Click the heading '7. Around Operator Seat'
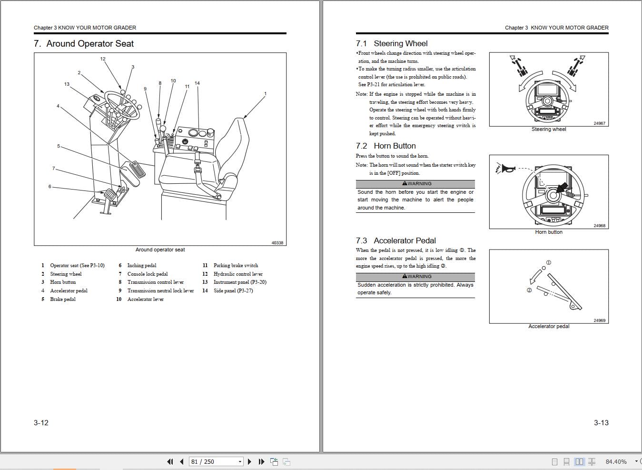(x=84, y=44)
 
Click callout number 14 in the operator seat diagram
(x=197, y=83)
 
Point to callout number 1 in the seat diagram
(x=265, y=94)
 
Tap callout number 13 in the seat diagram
(x=67, y=84)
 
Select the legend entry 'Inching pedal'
(x=141, y=266)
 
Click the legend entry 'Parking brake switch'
(x=236, y=266)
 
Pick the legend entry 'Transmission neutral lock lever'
(x=160, y=291)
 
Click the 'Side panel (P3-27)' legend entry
(x=233, y=291)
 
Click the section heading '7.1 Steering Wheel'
(x=392, y=44)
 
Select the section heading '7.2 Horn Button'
(x=386, y=146)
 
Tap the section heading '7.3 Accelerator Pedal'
(x=396, y=241)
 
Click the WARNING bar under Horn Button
(x=415, y=184)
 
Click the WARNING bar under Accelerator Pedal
(x=415, y=277)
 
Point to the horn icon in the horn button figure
(x=507, y=168)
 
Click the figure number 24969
(x=599, y=320)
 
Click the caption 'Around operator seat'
(x=160, y=250)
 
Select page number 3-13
(x=601, y=423)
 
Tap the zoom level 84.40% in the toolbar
(x=616, y=461)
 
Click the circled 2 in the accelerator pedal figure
(x=529, y=290)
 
